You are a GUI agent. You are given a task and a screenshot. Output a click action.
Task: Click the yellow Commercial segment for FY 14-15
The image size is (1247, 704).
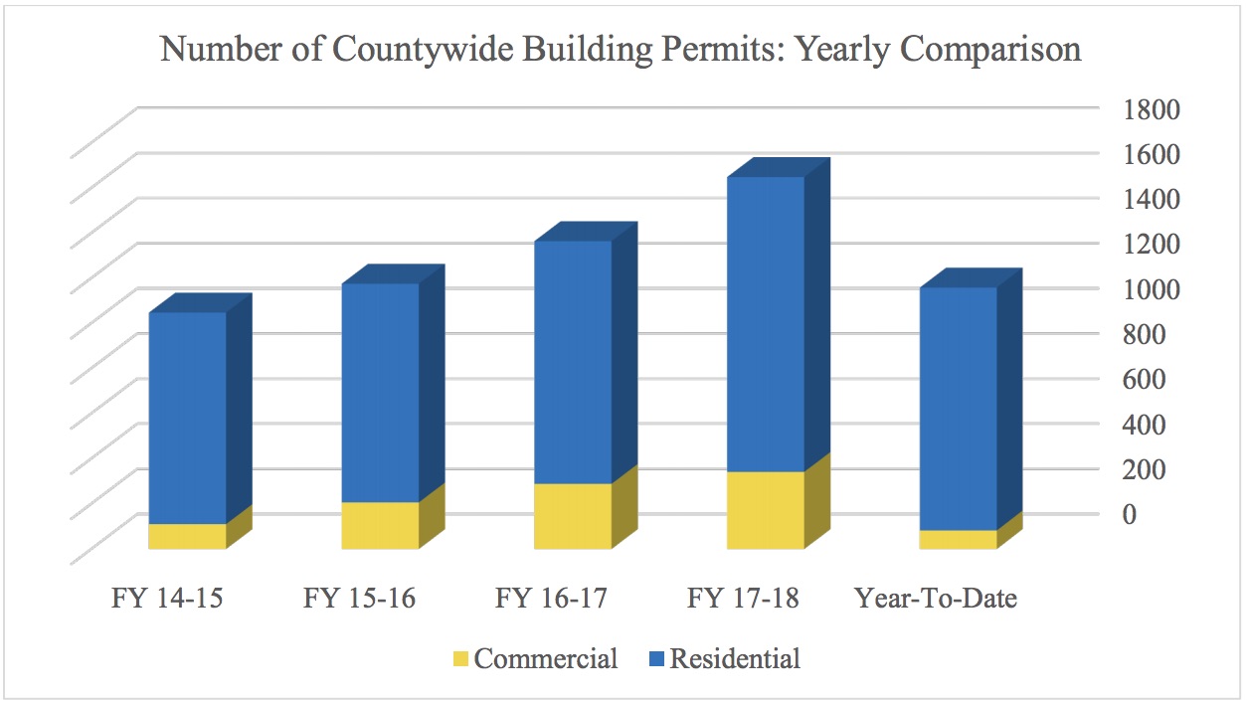(x=187, y=536)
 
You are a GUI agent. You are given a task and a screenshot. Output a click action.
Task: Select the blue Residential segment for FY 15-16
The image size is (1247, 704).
(x=380, y=393)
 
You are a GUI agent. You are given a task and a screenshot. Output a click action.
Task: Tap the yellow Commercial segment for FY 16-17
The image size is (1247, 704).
(x=573, y=516)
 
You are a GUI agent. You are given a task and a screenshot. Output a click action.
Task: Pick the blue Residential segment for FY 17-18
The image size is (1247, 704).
(x=766, y=324)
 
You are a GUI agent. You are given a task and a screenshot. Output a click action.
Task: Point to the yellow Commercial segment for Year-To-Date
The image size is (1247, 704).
(x=958, y=539)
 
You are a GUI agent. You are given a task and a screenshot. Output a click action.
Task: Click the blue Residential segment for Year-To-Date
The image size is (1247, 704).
(x=958, y=409)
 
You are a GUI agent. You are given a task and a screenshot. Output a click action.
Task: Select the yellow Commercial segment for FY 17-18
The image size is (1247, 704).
(x=766, y=510)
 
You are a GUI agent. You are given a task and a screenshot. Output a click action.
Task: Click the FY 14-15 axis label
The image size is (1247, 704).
(x=167, y=599)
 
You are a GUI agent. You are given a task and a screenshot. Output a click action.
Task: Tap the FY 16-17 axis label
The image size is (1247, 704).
(x=552, y=599)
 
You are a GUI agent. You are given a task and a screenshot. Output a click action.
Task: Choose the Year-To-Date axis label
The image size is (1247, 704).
(x=936, y=599)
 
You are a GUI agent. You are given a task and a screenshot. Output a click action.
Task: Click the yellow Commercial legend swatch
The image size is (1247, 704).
(x=460, y=659)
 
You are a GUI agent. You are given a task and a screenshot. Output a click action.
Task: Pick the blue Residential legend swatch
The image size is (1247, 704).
(x=655, y=659)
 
